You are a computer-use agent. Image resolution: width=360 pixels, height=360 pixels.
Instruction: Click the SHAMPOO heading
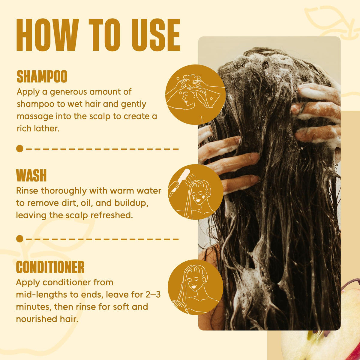coord(42,76)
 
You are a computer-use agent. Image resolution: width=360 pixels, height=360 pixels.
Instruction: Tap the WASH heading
coord(31,175)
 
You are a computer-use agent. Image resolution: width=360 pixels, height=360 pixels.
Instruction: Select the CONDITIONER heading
coord(50,267)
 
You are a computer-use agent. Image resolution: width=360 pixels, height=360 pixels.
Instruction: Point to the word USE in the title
coord(152,35)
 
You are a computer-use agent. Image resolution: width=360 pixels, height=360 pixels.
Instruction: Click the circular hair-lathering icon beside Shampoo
coord(195,94)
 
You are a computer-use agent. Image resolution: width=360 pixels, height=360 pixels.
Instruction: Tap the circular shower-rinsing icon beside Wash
coord(196,192)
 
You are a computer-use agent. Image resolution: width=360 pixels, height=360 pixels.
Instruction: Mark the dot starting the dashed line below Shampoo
coord(19,149)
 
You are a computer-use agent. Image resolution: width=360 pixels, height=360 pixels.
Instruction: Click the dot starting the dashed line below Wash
coord(19,239)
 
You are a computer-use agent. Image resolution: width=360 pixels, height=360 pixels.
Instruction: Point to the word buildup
coord(131,203)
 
